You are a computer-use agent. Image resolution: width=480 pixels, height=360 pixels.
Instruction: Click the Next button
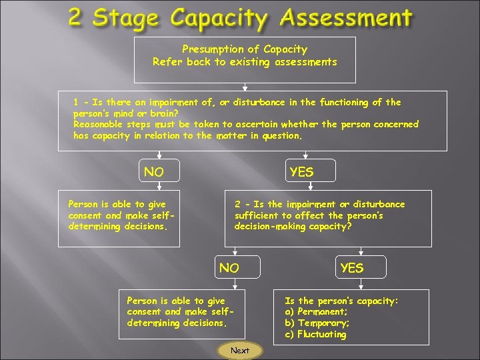click(x=240, y=351)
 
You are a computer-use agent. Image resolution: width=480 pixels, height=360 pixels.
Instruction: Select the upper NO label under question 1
click(x=154, y=172)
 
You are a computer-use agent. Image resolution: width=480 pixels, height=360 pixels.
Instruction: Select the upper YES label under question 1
click(x=301, y=172)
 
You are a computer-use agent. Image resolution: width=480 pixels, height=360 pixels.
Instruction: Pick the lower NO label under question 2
click(x=229, y=268)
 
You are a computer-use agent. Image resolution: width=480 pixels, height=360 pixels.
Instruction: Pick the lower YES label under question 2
click(x=352, y=268)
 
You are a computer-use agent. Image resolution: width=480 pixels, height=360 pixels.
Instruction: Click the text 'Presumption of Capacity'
click(x=245, y=49)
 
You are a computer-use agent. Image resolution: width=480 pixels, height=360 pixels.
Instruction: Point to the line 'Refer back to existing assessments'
click(x=245, y=62)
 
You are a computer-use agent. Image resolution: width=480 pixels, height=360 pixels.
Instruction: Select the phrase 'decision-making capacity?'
click(x=293, y=226)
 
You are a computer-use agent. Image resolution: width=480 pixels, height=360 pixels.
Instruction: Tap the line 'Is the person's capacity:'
click(x=341, y=301)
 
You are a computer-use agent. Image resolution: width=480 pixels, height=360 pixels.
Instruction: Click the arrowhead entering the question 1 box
click(x=245, y=87)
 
